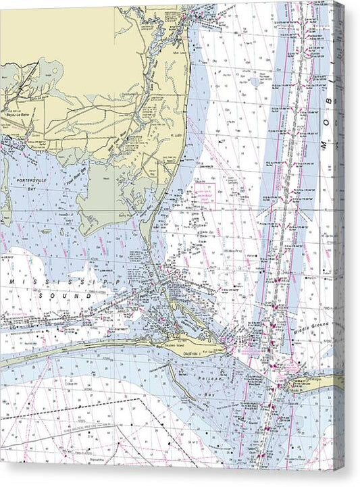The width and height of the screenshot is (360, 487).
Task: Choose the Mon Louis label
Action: tap(179, 53)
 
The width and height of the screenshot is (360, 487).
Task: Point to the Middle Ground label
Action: tap(307, 329)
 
